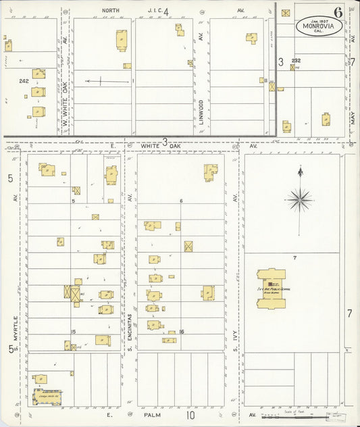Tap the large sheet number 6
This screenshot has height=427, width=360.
tap(337, 12)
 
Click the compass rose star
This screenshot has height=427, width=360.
tap(299, 199)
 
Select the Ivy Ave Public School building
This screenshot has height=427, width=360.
tap(271, 288)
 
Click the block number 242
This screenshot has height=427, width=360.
tap(24, 80)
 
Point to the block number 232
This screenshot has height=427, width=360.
tap(295, 61)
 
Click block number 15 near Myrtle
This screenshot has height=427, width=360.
tap(74, 331)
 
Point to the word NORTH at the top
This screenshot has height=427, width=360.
tap(110, 11)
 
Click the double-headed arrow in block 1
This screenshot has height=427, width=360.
tap(107, 82)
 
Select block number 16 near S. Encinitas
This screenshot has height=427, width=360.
tap(182, 332)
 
